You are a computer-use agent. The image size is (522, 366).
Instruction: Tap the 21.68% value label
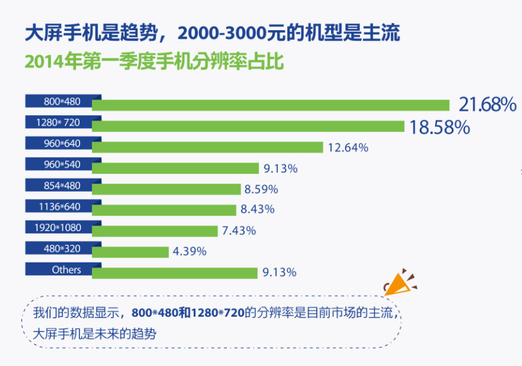[x=487, y=105]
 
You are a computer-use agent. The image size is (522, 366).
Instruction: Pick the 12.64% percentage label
[x=348, y=147]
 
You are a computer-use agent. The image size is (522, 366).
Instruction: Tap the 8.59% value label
[x=261, y=189]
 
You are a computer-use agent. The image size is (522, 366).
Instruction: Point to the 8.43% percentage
[x=258, y=209]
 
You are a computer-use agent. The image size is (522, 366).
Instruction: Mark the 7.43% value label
[x=239, y=230]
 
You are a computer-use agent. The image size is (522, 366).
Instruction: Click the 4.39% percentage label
[x=190, y=251]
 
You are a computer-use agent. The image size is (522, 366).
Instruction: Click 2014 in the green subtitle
[x=41, y=62]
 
